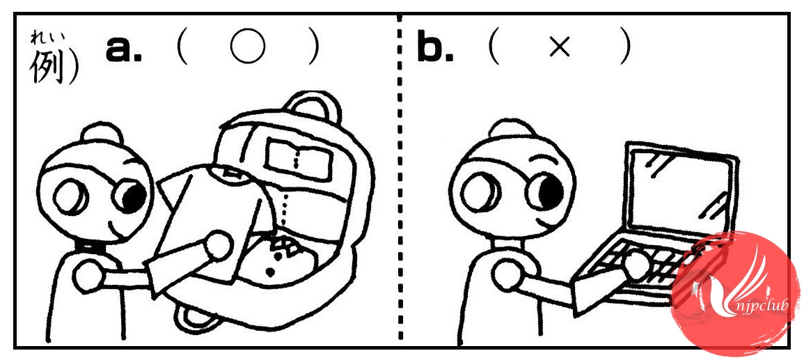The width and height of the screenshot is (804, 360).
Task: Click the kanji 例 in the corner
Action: click(49, 67)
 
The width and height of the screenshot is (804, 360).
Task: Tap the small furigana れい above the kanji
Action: click(43, 38)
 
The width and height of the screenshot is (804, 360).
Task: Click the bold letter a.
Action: click(124, 49)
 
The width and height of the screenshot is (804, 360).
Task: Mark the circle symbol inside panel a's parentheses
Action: click(248, 47)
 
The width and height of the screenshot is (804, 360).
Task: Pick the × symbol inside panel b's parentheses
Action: click(560, 49)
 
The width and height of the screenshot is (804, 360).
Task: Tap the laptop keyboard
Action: click(641, 267)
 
